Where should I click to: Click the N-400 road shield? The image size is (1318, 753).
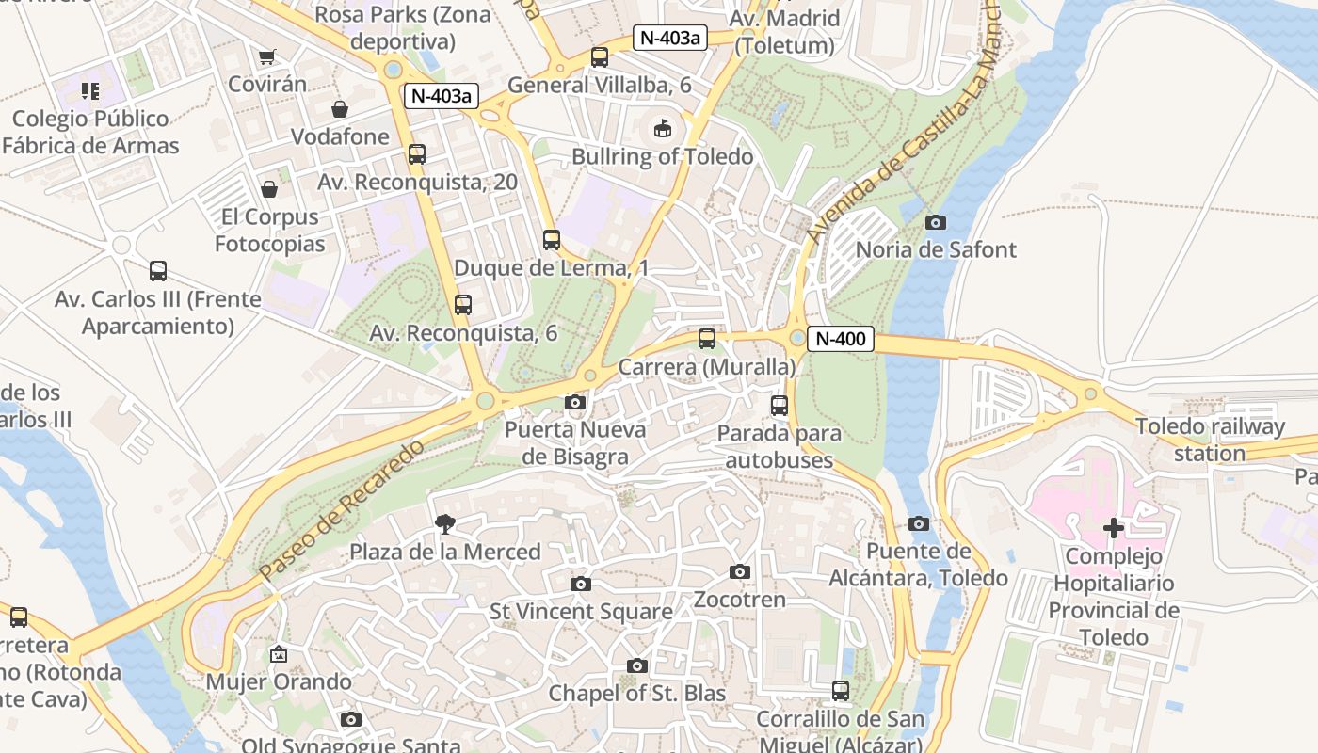point(841,339)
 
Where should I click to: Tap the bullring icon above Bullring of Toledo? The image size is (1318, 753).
point(663,128)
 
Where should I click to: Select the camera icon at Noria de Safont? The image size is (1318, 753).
point(936,222)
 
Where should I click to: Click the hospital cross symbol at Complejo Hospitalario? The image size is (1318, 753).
point(1114,528)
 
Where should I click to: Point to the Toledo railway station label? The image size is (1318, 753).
point(1210,440)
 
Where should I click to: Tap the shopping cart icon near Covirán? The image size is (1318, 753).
point(267,57)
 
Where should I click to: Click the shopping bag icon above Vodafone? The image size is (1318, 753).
point(340,109)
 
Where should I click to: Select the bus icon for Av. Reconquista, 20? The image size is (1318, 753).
point(417,154)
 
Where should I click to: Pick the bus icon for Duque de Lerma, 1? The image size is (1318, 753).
point(552,240)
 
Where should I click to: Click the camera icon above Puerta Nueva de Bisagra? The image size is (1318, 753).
point(575,403)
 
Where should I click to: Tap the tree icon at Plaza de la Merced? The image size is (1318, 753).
point(444,524)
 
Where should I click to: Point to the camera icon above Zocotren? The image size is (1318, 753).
point(740,571)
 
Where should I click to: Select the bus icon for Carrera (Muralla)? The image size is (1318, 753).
point(707,339)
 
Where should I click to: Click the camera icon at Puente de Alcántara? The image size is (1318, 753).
point(919,523)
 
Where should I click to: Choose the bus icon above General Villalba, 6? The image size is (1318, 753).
point(600,57)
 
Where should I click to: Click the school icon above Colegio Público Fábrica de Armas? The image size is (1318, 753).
point(90,91)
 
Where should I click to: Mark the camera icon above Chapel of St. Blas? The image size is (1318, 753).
point(637,665)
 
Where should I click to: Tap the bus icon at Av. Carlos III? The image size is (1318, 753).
point(158,271)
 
